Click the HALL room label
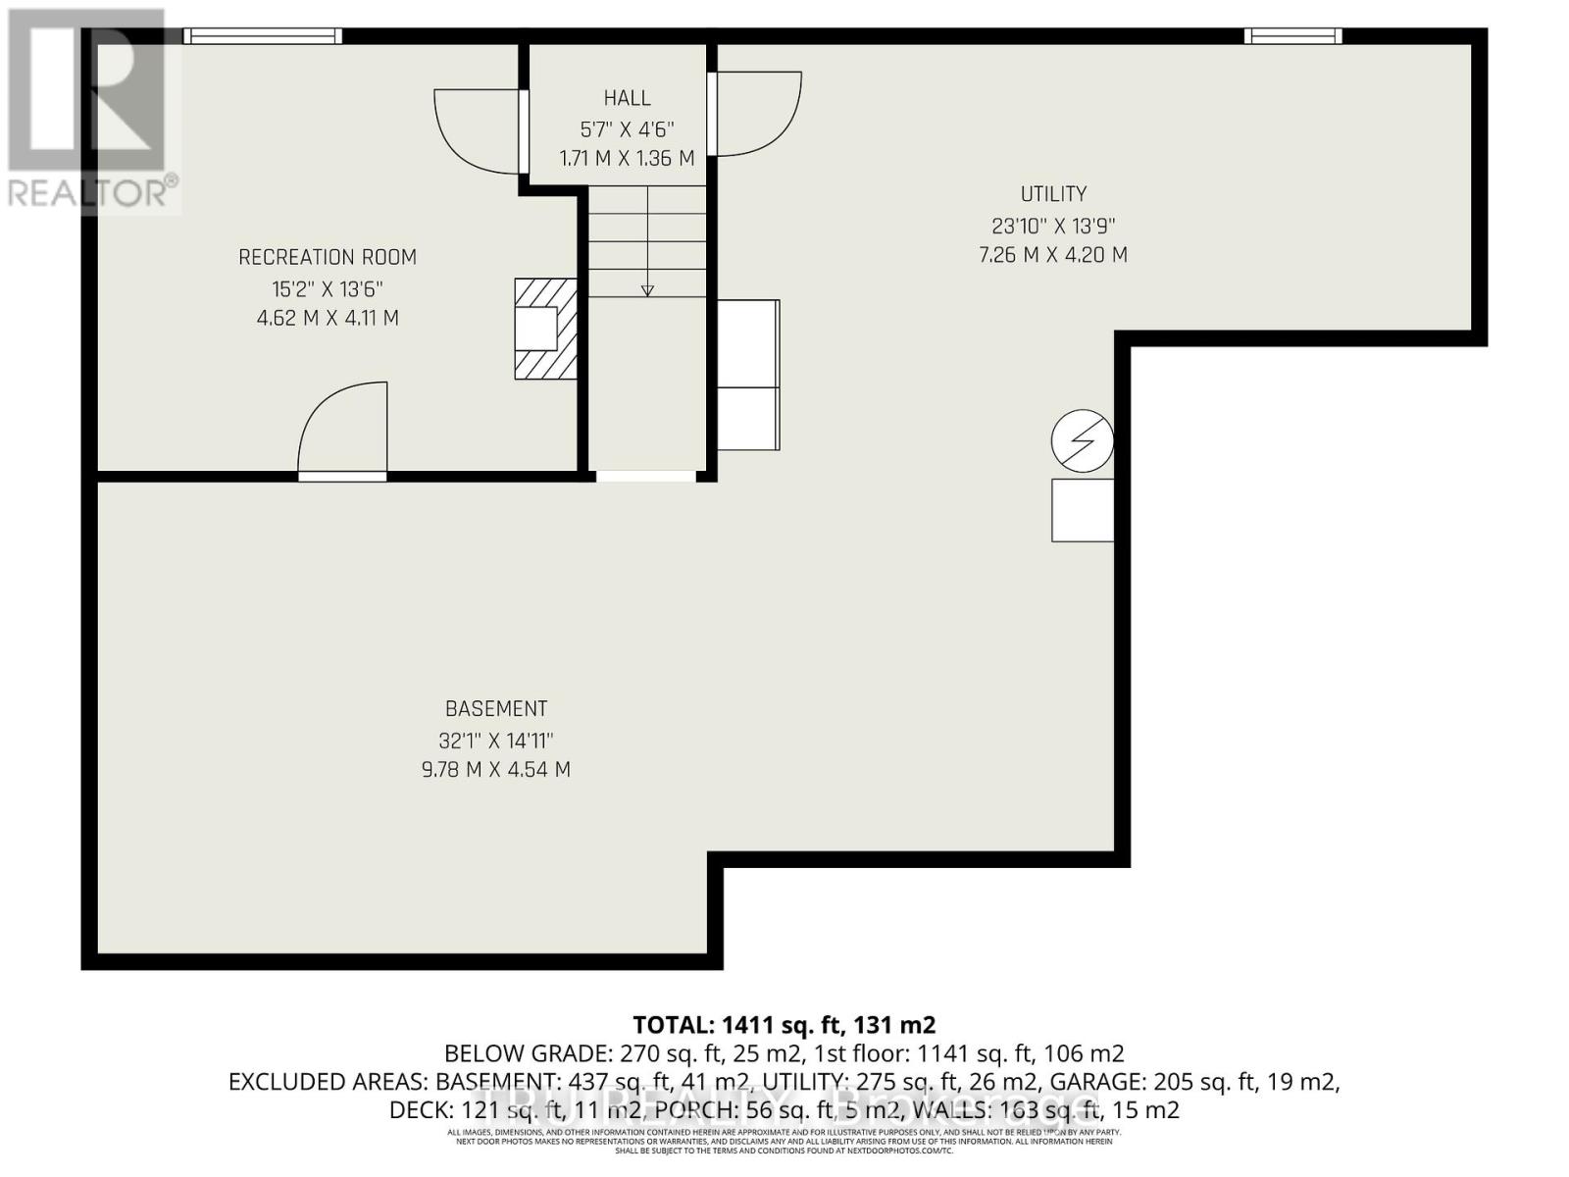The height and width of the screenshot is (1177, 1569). [x=627, y=98]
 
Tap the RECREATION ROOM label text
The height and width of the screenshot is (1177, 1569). [x=328, y=257]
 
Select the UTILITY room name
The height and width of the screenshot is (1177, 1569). [x=1053, y=194]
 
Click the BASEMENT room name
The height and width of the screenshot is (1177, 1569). [x=496, y=708]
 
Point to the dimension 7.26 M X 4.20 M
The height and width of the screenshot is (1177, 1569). [x=1053, y=255]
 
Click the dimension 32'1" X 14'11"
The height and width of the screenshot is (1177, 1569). [x=496, y=741]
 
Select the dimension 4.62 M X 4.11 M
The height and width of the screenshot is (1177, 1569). [x=328, y=318]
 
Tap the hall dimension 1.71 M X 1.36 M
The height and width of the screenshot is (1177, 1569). [x=627, y=158]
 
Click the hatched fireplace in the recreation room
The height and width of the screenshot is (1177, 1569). [x=545, y=329]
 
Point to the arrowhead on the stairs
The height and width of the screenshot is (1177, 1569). [x=647, y=289]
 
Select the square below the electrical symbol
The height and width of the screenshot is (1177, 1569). [x=1082, y=510]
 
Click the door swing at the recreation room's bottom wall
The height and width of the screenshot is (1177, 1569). [x=343, y=432]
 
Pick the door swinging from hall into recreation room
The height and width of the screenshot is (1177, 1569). [x=478, y=130]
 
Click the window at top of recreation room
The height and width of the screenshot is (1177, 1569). [x=263, y=36]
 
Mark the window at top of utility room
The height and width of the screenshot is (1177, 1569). [x=1292, y=36]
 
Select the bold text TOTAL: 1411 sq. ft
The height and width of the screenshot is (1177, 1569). [x=784, y=1025]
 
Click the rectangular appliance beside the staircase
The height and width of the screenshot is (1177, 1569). [x=748, y=375]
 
